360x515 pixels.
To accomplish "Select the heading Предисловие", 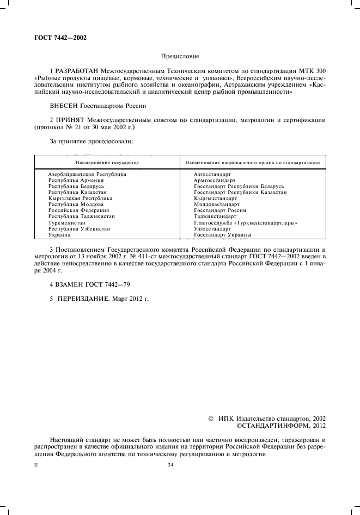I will tap(180, 56).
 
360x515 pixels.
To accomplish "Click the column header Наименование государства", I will tap(107, 162).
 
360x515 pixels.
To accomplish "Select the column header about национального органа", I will tap(252, 162).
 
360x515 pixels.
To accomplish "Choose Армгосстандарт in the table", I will tap(215, 180).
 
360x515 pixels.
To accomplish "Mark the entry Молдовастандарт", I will tap(217, 204).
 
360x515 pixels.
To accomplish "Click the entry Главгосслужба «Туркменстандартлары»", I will tap(246, 223).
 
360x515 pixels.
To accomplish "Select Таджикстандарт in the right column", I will tap(216, 216).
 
